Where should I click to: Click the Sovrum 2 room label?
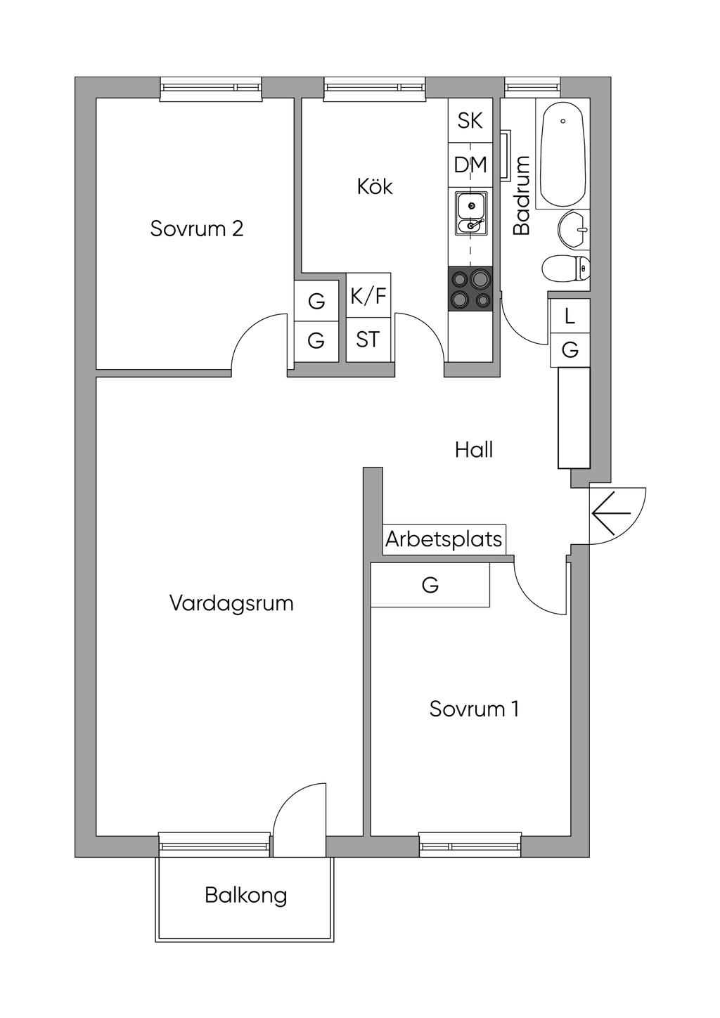click(x=196, y=228)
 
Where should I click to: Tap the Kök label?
click(x=375, y=186)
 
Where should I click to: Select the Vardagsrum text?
click(x=231, y=603)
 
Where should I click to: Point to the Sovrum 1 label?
click(x=474, y=709)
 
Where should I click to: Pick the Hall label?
click(x=474, y=450)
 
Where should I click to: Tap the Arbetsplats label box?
click(x=444, y=539)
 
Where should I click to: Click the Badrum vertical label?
click(x=522, y=195)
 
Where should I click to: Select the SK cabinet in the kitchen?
click(x=470, y=120)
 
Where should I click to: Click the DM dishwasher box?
click(x=470, y=165)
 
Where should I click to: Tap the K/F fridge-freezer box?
click(x=368, y=295)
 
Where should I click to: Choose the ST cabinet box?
click(x=368, y=340)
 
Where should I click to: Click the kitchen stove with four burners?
click(x=470, y=289)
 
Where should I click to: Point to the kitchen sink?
click(x=470, y=213)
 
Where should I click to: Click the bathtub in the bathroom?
click(x=562, y=154)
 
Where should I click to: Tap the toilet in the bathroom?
click(x=566, y=268)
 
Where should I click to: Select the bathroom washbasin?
click(x=574, y=229)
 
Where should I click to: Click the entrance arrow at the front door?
click(x=612, y=513)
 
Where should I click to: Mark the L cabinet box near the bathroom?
click(x=570, y=316)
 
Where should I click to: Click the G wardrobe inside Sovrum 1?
click(x=430, y=585)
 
